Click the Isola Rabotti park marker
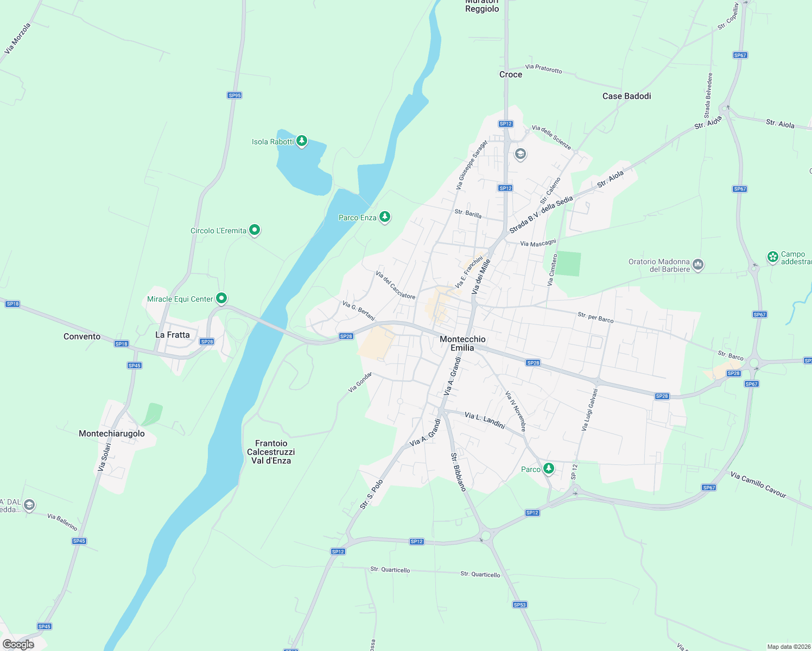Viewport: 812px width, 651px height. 302,141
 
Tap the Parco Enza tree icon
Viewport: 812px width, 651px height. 385,217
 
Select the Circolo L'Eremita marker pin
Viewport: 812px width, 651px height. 255,230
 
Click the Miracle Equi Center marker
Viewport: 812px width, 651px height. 221,298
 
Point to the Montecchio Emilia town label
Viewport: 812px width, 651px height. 462,343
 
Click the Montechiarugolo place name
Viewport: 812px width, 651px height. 112,433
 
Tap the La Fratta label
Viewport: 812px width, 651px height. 173,335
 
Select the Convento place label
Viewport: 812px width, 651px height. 82,336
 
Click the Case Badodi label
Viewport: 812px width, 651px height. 626,96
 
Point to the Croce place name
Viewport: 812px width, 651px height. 511,74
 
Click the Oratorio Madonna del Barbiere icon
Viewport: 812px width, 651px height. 698,265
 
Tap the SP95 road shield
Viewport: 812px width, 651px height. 234,95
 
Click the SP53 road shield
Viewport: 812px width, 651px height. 520,604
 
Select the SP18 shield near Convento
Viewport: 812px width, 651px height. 122,344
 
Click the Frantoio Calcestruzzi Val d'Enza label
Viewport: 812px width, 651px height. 271,452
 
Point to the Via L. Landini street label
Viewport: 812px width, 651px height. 485,419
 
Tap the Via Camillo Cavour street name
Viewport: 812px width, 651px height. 758,484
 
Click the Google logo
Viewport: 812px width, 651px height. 18,644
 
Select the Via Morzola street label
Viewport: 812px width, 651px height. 17,39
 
